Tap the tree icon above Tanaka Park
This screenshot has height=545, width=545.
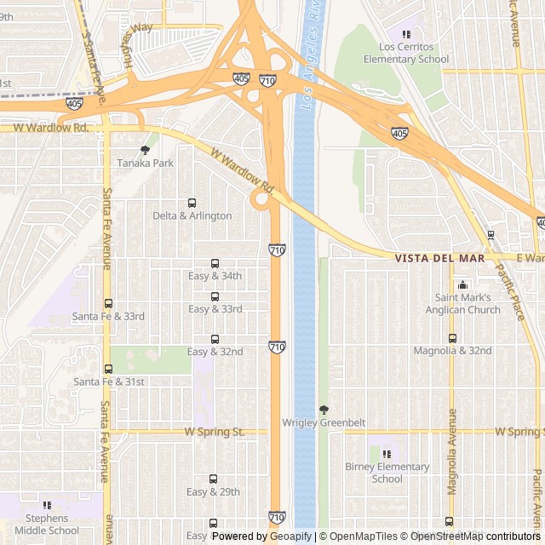pos(145,150)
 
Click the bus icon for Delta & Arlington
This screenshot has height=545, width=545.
pos(191,204)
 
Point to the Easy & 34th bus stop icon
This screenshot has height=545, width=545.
pos(214,264)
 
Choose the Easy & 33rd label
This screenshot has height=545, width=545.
pos(215,309)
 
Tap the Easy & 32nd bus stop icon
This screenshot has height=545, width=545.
pos(214,339)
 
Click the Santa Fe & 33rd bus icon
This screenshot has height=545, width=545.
pos(107,303)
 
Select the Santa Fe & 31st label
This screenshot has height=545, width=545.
pos(108,381)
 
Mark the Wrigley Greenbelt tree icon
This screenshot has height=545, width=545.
pos(323,410)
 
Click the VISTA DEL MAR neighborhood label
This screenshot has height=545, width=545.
pos(439,258)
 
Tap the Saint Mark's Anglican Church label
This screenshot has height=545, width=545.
pos(462,303)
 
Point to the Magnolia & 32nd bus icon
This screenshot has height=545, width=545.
pos(452,338)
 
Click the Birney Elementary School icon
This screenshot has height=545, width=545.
pos(387,454)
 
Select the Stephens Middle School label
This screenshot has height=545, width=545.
pos(47,524)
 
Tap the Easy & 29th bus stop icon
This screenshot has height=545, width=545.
pos(213,479)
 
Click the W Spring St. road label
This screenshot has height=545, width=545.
pos(214,432)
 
